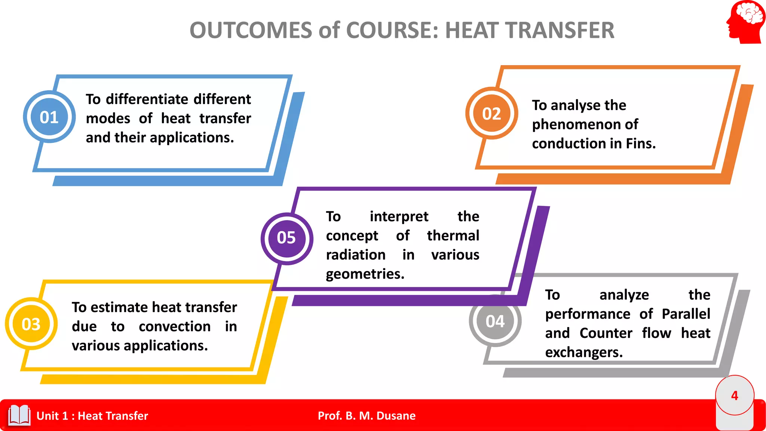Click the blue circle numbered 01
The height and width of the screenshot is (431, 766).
click(x=49, y=117)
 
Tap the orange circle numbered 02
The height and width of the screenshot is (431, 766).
click(x=491, y=113)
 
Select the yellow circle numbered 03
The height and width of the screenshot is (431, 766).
click(x=31, y=324)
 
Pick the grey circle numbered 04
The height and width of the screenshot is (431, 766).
click(x=495, y=321)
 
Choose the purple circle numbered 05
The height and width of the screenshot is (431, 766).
click(x=287, y=238)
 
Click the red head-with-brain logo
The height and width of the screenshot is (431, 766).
click(x=745, y=22)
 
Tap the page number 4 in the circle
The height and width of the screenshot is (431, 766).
click(x=735, y=395)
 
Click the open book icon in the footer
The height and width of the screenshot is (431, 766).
click(x=19, y=415)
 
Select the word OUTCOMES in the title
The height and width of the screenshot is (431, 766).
click(x=251, y=30)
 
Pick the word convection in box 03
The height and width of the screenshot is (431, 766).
click(x=174, y=327)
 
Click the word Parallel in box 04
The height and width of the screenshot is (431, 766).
click(x=686, y=314)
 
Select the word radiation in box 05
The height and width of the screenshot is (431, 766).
click(x=355, y=255)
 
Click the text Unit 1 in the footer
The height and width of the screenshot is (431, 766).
click(x=52, y=416)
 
